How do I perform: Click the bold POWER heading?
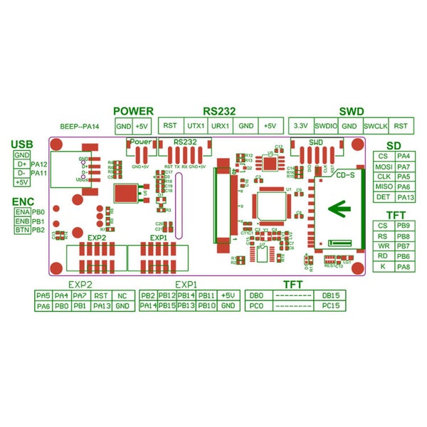pyautogui.click(x=134, y=111)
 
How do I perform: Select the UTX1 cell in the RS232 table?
pyautogui.click(x=196, y=126)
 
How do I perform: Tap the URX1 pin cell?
pyautogui.click(x=221, y=126)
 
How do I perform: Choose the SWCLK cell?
pyautogui.click(x=375, y=126)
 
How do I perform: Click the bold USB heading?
pyautogui.click(x=22, y=145)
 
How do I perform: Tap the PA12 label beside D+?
pyautogui.click(x=40, y=164)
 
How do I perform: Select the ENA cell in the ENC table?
pyautogui.click(x=21, y=212)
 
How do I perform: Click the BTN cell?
pyautogui.click(x=21, y=231)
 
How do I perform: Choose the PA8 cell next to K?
pyautogui.click(x=404, y=266)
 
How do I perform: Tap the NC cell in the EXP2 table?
pyautogui.click(x=122, y=295)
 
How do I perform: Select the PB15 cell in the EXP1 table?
pyautogui.click(x=167, y=306)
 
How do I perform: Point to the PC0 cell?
pyautogui.click(x=256, y=306)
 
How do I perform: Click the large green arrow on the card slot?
pyautogui.click(x=342, y=209)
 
